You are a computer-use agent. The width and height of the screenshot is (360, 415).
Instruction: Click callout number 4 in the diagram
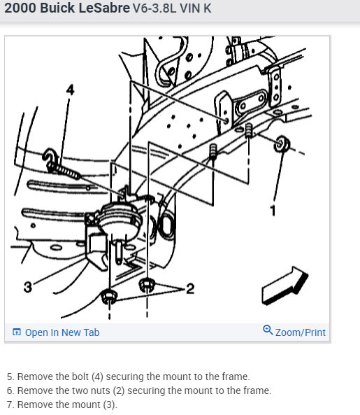[x=70, y=90]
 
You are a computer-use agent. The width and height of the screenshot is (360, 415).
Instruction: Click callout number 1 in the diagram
[x=273, y=211]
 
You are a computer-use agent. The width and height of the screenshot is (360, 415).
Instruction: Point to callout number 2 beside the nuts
[x=190, y=288]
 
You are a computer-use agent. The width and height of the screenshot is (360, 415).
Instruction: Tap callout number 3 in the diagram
[x=28, y=287]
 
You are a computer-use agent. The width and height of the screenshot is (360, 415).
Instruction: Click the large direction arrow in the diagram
[x=285, y=286]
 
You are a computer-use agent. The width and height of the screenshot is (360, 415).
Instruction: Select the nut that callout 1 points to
[x=282, y=144]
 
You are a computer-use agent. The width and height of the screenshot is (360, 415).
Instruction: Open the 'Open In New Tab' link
[x=62, y=332]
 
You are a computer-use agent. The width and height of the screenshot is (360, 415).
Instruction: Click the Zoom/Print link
[x=301, y=332]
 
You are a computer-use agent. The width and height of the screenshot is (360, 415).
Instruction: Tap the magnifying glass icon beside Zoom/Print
[x=268, y=330]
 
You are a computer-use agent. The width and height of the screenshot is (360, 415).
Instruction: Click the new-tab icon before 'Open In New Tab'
[x=16, y=332]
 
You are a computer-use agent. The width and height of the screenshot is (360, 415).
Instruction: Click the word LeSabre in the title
[x=104, y=8]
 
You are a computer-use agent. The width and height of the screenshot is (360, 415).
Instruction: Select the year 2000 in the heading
[x=20, y=8]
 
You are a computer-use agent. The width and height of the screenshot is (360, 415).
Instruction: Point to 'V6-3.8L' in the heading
[x=154, y=8]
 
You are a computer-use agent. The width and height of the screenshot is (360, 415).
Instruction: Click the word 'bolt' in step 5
[x=80, y=377]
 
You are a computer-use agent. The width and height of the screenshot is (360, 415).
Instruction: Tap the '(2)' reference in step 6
[x=119, y=391]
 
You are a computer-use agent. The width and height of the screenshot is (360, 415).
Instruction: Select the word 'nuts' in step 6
[x=100, y=391]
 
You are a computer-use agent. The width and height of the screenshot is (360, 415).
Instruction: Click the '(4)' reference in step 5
[x=97, y=377]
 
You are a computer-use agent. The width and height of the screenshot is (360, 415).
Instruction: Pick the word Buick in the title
[x=57, y=8]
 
